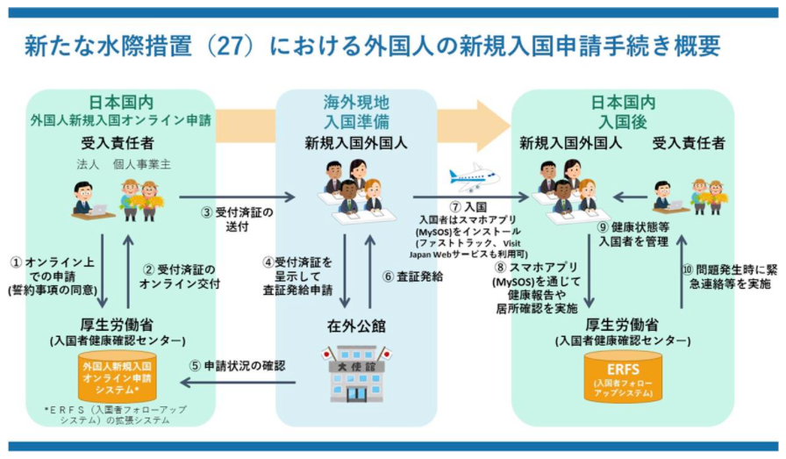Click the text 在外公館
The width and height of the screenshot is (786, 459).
(357, 326)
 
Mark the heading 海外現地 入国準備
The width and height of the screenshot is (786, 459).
(356, 110)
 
